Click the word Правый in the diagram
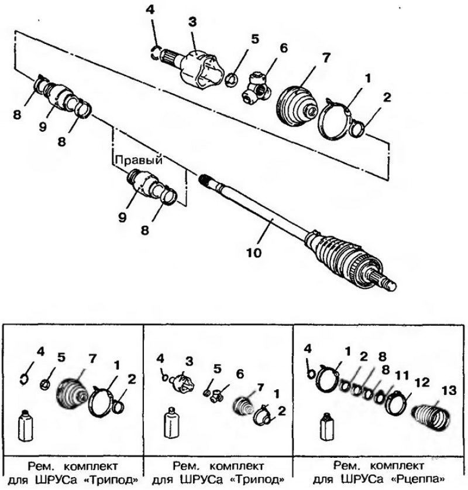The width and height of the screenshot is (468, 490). coord(139,160)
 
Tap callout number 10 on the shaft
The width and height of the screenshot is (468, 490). coord(254,253)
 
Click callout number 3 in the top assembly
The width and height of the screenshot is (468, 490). coord(193,22)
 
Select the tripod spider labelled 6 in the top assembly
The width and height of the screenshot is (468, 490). coord(256,87)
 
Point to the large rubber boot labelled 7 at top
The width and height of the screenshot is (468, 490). coord(297,106)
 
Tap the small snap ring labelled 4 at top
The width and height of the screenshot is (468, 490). coord(155,52)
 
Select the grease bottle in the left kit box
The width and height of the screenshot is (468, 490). coord(25,425)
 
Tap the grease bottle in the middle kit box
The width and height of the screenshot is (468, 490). coord(171,422)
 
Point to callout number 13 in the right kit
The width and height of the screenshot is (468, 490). coord(449,390)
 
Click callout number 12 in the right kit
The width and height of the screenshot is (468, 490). coord(422,382)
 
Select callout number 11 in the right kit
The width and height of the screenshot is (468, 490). coord(402,375)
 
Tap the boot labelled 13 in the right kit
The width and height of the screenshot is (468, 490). coord(432,418)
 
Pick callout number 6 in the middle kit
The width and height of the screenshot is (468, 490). coord(240,374)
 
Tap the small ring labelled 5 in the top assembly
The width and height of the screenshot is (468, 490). coord(230,80)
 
